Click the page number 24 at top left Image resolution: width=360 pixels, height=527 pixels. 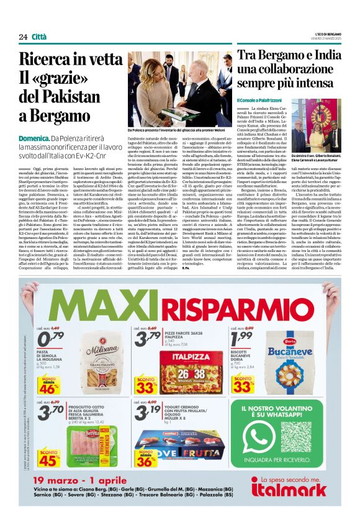23,37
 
